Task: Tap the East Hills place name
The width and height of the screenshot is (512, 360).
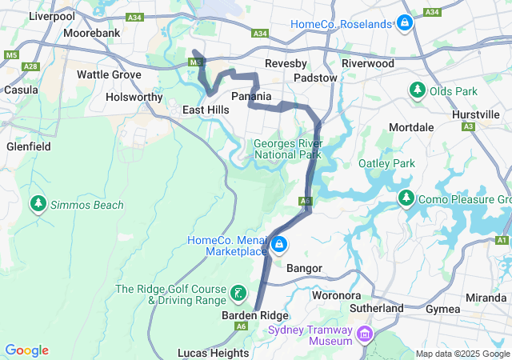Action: pos(206,110)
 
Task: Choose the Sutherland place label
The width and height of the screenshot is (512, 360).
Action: pos(377,308)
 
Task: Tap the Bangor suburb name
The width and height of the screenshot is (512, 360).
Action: pos(304,268)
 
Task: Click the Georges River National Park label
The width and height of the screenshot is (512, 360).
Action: pos(287,149)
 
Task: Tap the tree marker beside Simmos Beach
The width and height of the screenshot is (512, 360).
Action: pos(38,205)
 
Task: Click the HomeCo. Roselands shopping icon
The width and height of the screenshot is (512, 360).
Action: pos(406,23)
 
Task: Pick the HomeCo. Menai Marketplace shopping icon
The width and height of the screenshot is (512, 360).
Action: pos(278,245)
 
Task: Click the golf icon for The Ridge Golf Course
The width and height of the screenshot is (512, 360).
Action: pos(238,294)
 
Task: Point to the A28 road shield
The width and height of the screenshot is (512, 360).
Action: pos(32,66)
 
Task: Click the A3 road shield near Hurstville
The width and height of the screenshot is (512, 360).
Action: pos(468,126)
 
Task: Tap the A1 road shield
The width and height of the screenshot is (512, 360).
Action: pos(502,240)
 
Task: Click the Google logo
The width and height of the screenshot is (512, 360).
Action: pos(26,350)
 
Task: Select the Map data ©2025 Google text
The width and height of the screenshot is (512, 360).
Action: pos(462,354)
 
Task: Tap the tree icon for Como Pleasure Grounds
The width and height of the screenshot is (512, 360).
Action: pos(406,198)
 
